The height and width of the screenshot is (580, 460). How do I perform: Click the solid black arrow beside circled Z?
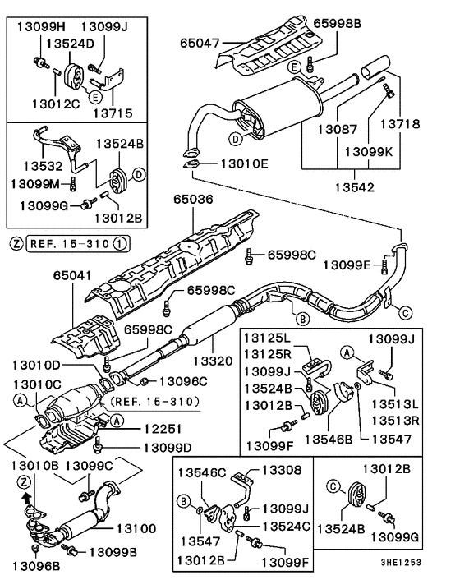27,498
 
